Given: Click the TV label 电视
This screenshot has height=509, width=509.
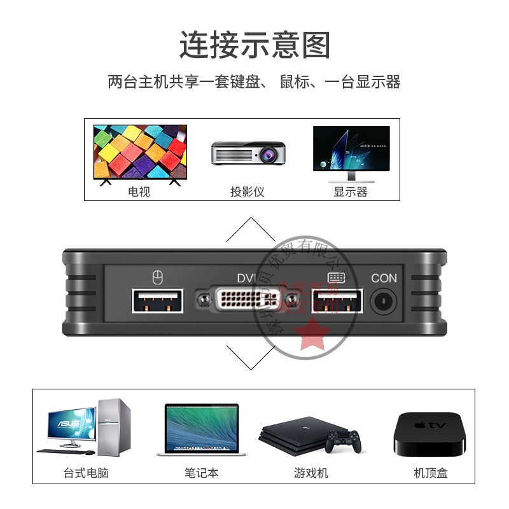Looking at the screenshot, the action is coord(139,192).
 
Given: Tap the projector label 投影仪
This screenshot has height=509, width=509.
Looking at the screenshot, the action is coord(247,192).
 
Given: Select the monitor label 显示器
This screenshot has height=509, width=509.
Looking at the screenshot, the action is coord(351,192).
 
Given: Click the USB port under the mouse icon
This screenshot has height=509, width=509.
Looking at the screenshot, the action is coord(158,300).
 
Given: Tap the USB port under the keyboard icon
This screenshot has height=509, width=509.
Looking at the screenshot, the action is coord(337,300).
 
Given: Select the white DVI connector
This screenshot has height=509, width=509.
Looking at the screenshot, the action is coord(248,300).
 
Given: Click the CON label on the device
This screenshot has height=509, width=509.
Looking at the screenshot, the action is coord(384,278).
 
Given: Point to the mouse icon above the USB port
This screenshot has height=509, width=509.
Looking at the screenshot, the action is coord(158,277).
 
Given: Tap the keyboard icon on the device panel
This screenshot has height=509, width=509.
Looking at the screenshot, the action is coord(336,277).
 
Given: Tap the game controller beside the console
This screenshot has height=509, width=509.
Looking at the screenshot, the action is coord(343,440).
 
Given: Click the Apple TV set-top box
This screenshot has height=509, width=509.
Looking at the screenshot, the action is coord(430,434).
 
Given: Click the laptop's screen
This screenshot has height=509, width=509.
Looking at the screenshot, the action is coord(201,426).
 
